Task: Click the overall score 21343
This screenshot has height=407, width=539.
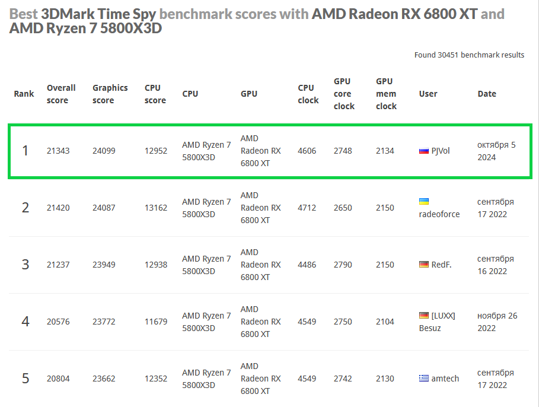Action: tap(58, 151)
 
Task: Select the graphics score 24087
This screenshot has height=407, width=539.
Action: tap(104, 208)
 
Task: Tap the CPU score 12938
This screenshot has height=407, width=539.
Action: tap(156, 265)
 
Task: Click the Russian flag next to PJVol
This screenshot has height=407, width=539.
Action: tap(423, 151)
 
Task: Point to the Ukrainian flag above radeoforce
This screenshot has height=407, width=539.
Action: tap(424, 202)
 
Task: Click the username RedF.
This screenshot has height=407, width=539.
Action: tap(441, 265)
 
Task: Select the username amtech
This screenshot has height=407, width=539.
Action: tap(445, 379)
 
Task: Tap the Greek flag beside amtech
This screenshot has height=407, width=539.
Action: tap(423, 379)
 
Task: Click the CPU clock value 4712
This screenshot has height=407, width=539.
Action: tap(307, 208)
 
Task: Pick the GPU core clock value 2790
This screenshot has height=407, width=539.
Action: tap(343, 265)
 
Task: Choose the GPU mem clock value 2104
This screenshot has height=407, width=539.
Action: tap(385, 322)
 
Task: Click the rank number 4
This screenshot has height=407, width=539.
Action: tap(25, 322)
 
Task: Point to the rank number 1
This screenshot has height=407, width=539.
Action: tap(25, 151)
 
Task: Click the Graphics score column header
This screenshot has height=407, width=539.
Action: tap(110, 94)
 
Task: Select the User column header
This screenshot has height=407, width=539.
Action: tap(428, 94)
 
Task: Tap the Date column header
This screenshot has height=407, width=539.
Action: tap(487, 94)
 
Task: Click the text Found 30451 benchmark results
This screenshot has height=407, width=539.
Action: tap(469, 55)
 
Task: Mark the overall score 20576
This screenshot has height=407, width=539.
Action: tap(58, 322)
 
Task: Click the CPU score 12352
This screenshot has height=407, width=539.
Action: tap(156, 379)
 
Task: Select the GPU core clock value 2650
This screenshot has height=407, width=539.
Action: tap(343, 208)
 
